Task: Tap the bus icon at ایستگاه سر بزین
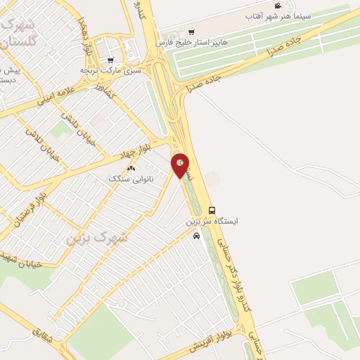(212, 210)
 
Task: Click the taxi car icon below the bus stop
(196, 236)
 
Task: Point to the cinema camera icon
(278, 6)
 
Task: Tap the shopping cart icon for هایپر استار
(191, 32)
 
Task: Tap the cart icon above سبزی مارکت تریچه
(110, 60)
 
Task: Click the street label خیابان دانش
(72, 121)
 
